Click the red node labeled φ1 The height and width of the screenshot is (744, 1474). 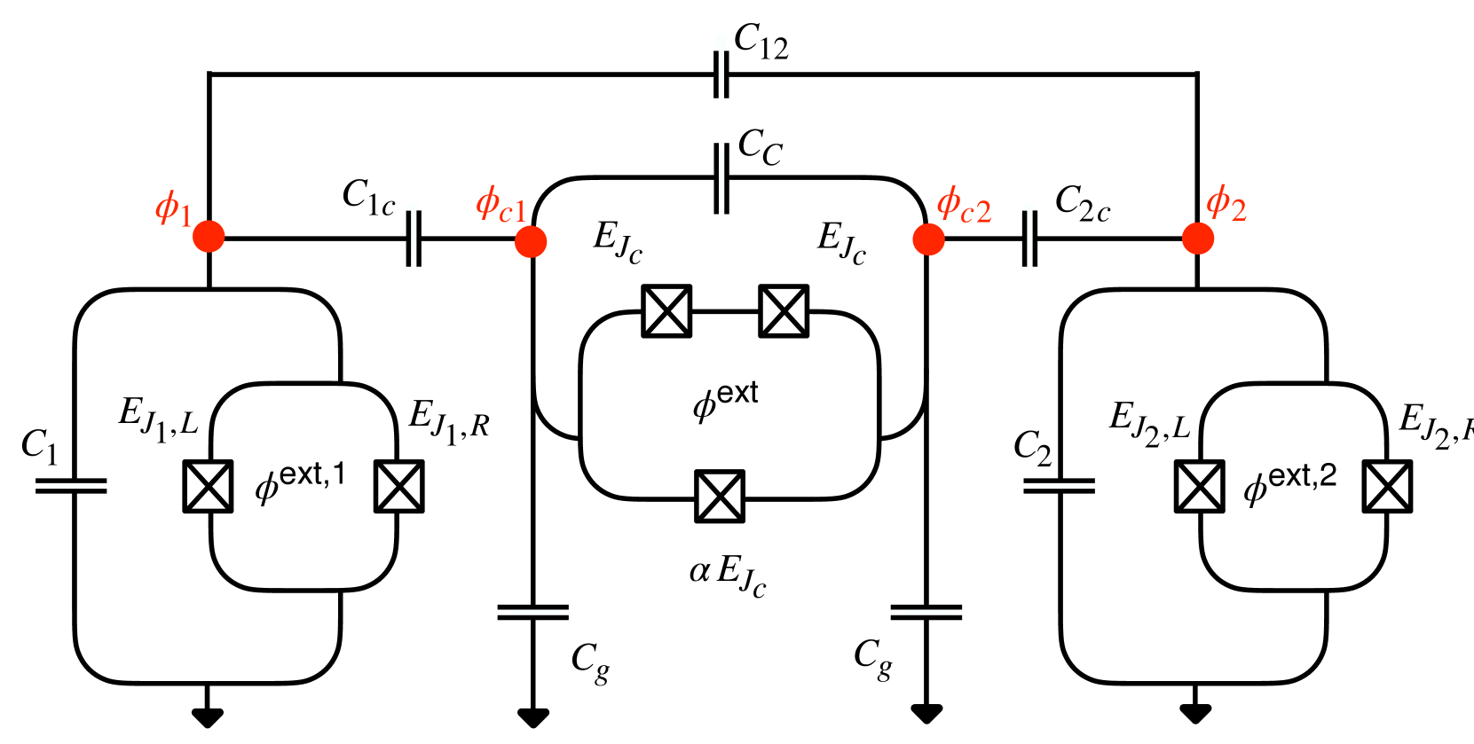[x=209, y=237]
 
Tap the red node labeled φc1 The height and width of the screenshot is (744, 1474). [x=531, y=240]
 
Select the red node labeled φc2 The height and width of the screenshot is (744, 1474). [x=928, y=239]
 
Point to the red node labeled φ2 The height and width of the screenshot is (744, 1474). [x=1197, y=238]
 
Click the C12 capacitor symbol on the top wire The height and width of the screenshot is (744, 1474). [x=721, y=74]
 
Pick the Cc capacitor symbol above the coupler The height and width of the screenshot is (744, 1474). [x=721, y=178]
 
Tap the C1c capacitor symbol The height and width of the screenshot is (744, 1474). [x=413, y=238]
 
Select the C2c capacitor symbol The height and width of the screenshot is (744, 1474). [x=1029, y=238]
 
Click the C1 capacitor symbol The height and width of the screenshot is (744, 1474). [x=71, y=486]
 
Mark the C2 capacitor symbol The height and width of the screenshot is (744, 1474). [x=1059, y=486]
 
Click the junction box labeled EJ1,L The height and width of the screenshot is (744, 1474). [x=209, y=486]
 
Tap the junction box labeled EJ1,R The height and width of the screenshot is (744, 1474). [x=398, y=486]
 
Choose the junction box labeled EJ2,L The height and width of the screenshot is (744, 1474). [x=1200, y=486]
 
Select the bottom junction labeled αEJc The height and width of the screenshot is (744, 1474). [x=720, y=497]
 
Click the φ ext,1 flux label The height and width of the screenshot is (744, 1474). [x=300, y=482]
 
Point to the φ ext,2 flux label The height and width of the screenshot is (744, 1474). [x=1289, y=483]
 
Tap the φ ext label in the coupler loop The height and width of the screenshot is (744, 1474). [x=725, y=400]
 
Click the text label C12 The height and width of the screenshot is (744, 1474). [x=761, y=41]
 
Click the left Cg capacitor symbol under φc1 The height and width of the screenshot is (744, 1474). [x=532, y=612]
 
